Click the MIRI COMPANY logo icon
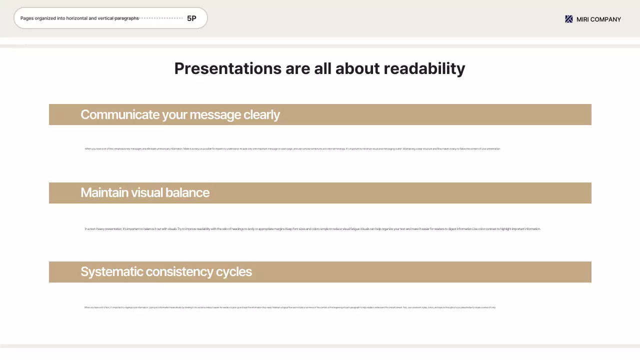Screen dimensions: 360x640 tap(568, 19)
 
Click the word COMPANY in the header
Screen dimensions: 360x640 tap(606, 19)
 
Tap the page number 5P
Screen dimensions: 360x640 tap(191, 18)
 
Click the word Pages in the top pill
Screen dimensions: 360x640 tap(27, 18)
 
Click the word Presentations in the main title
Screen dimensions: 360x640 tap(227, 68)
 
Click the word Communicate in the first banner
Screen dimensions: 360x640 tap(119, 114)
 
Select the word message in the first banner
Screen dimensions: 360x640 tap(215, 114)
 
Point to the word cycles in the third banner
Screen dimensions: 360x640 tap(234, 271)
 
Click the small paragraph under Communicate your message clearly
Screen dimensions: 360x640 tap(292, 149)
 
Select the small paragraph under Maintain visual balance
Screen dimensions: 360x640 tap(312, 229)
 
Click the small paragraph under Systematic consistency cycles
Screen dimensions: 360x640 tap(290, 307)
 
